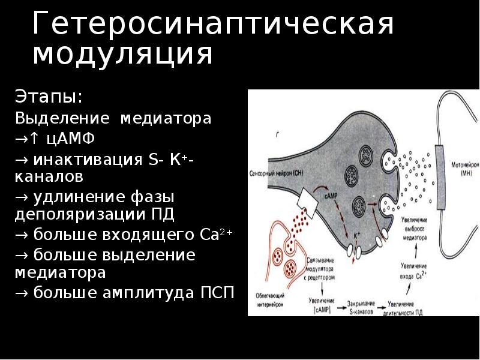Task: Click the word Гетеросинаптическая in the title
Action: point(213,25)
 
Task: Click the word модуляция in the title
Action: point(122,54)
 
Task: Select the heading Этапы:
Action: point(49,97)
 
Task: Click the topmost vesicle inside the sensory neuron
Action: point(365,155)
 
